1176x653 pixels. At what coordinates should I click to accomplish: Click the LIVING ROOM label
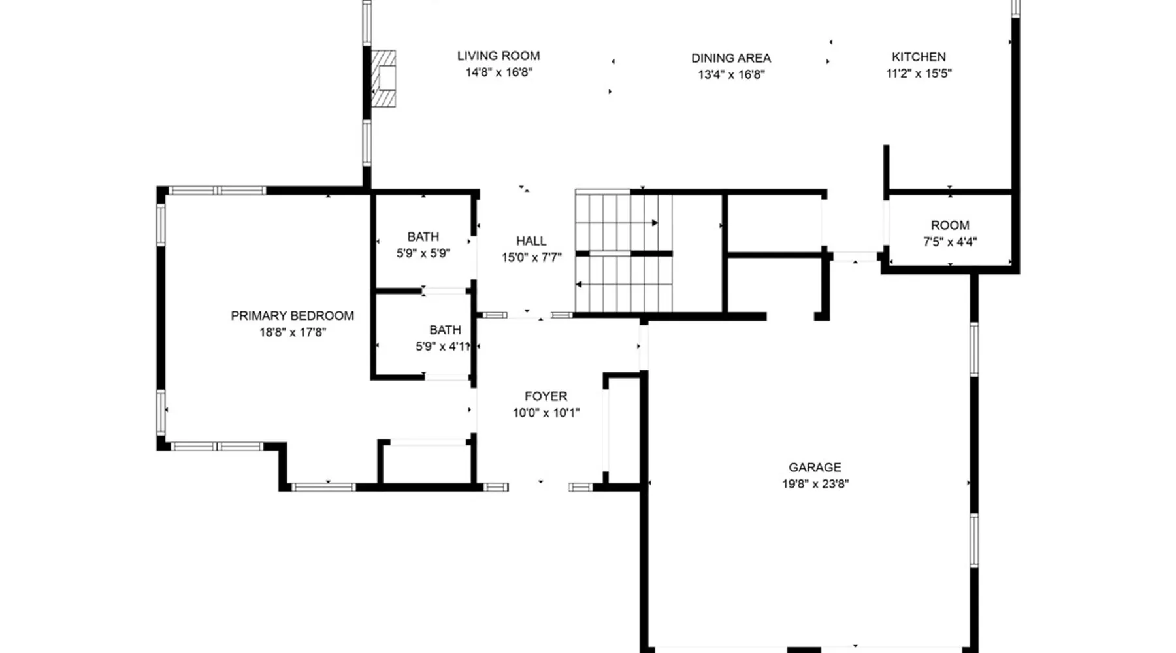[498, 56]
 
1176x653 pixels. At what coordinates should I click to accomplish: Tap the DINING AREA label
[731, 58]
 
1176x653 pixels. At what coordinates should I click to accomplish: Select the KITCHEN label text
[919, 57]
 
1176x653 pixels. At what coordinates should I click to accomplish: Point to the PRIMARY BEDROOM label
[293, 316]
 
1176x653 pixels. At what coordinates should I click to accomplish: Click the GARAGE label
[815, 468]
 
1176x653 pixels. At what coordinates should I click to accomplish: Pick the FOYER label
[546, 396]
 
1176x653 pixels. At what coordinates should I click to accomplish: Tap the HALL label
[531, 241]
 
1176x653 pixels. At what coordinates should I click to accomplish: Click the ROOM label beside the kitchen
[950, 225]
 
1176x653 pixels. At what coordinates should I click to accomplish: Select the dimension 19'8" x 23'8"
[815, 484]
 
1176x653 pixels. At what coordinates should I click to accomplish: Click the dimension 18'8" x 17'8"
[293, 332]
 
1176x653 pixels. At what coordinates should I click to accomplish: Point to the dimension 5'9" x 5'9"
[423, 253]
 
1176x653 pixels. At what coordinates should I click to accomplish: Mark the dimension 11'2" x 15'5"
[919, 74]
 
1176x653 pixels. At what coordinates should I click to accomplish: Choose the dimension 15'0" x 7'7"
[532, 257]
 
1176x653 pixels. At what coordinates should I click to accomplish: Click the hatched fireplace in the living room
[384, 79]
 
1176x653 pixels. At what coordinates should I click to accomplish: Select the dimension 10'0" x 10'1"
[546, 413]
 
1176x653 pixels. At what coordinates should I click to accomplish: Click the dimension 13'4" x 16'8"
[731, 75]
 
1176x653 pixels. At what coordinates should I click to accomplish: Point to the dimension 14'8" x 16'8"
[499, 72]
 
